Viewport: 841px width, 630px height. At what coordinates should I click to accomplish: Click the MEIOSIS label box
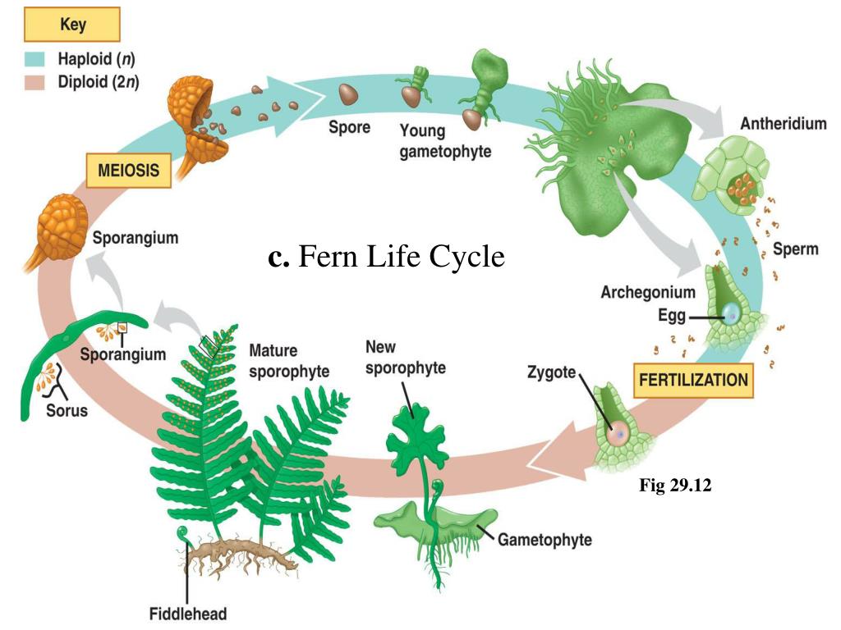pos(129,171)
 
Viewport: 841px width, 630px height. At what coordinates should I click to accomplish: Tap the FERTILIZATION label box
pos(694,380)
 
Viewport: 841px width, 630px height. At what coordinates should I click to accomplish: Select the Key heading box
pos(72,25)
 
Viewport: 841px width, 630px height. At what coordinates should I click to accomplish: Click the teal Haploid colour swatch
pos(34,60)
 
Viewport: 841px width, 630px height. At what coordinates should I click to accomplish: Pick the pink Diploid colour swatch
pos(34,82)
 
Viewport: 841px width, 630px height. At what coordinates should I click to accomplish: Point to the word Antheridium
pos(783,124)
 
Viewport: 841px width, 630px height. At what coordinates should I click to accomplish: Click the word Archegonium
pos(647,292)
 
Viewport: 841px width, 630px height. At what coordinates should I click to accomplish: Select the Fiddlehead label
pos(187,613)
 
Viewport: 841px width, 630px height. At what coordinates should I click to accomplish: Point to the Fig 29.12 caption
pos(675,486)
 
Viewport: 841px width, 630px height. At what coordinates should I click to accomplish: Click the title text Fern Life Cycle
pos(386,258)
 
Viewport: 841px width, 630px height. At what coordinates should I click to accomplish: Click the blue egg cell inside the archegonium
pos(731,313)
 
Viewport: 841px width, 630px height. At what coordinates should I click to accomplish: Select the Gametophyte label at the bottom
pos(544,539)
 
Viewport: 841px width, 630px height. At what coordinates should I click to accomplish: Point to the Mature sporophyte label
pos(288,361)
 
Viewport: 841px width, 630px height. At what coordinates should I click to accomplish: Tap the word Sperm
pos(795,249)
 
